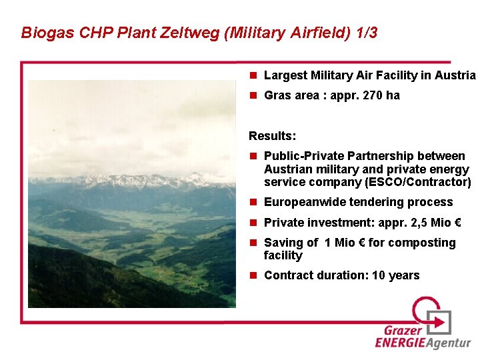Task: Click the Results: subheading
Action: (x=272, y=136)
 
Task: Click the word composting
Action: (x=423, y=243)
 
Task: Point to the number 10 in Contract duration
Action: (x=379, y=275)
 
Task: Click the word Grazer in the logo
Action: (x=403, y=331)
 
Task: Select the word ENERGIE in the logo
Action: (x=399, y=343)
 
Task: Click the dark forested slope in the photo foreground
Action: (x=80, y=280)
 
